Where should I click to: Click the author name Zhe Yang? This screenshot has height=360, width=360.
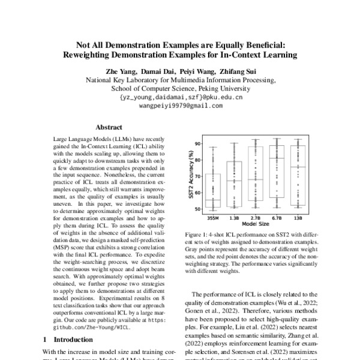click(122, 71)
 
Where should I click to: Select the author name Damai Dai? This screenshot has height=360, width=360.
click(159, 71)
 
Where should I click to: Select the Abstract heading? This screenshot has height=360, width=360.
click(109, 127)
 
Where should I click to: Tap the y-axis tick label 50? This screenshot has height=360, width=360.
click(197, 208)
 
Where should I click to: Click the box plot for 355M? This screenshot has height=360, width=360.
click(213, 190)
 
